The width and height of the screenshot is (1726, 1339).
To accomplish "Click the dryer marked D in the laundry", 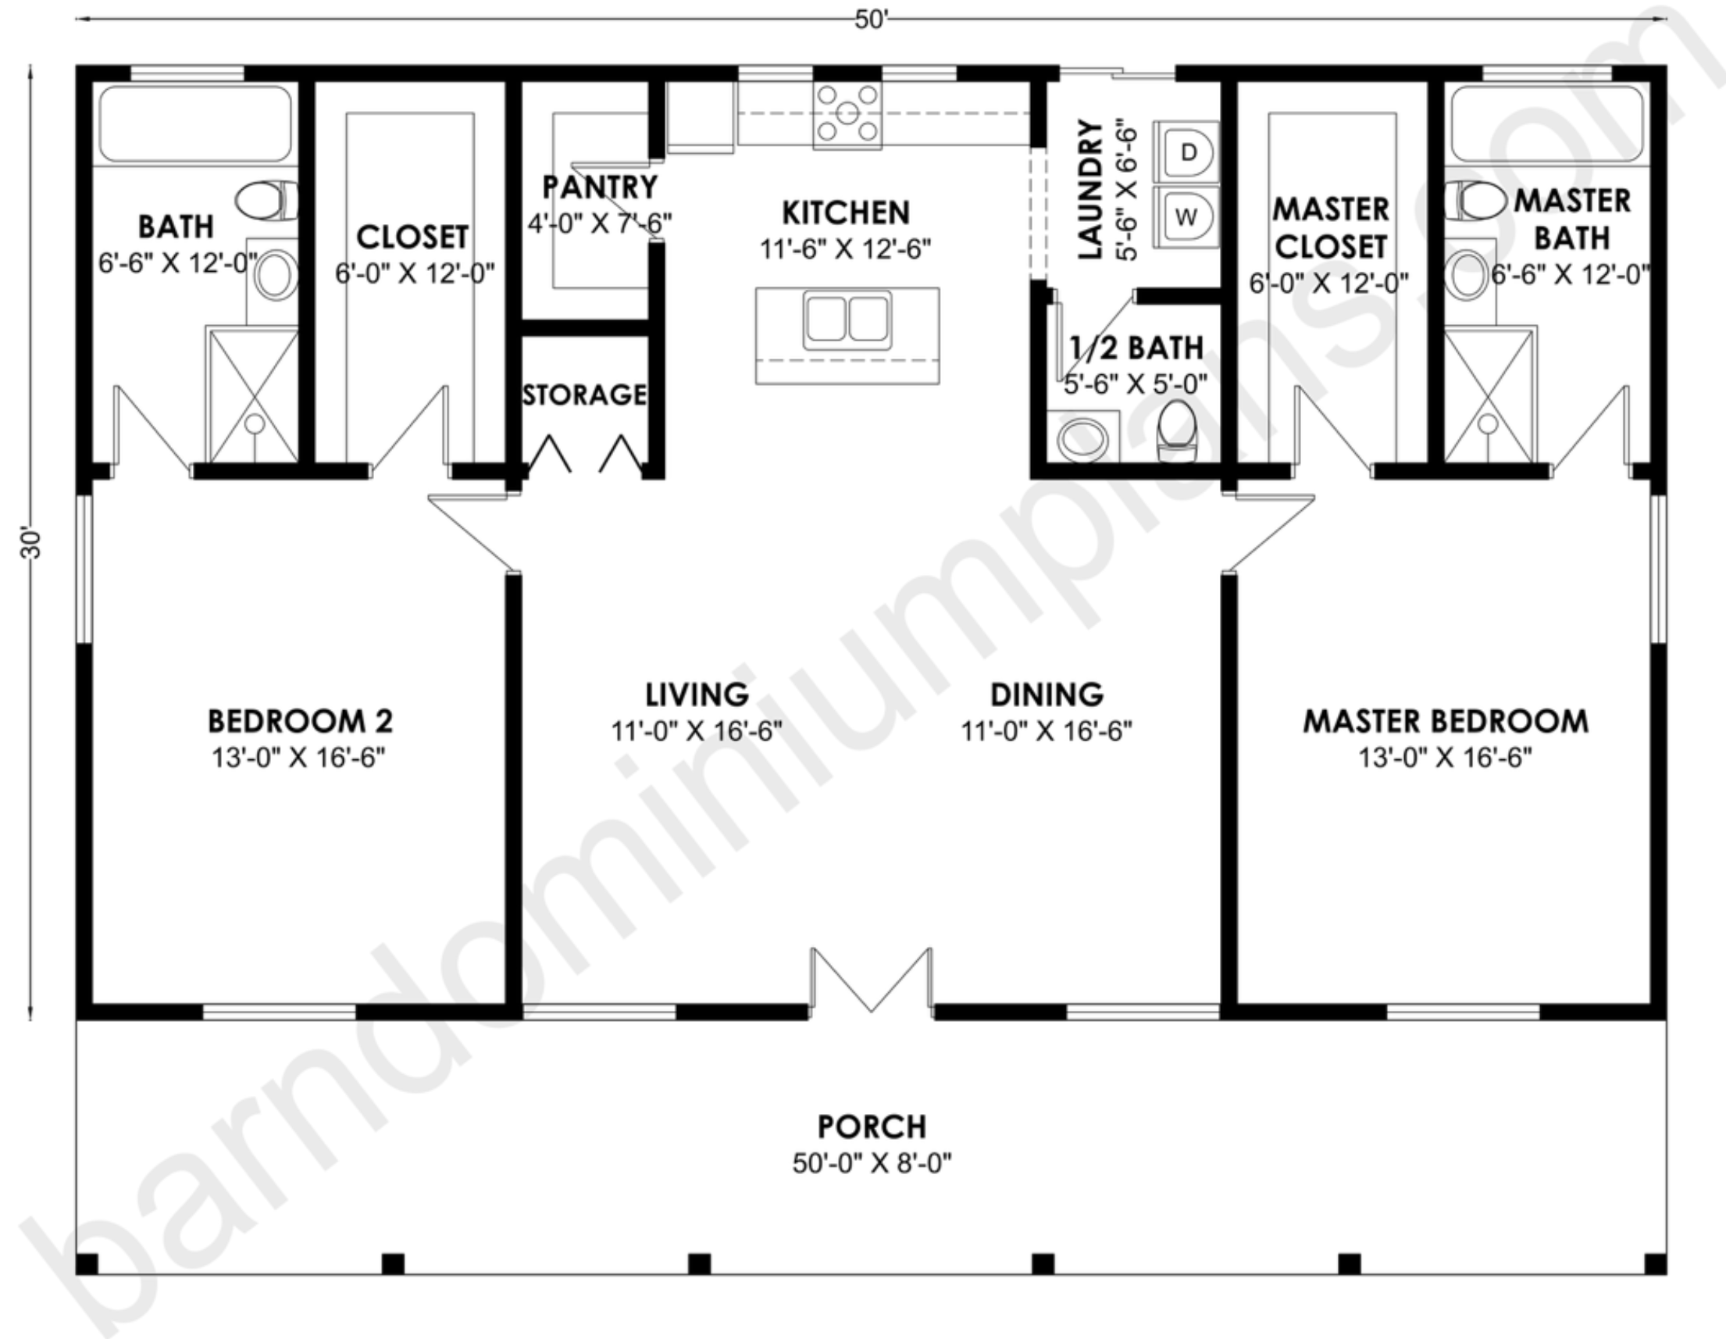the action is (x=1186, y=152).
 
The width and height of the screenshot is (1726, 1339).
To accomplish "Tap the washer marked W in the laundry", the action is (x=1186, y=216).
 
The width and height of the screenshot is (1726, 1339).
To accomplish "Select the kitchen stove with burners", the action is (x=847, y=116).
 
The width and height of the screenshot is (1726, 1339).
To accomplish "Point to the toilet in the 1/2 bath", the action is (x=1177, y=431).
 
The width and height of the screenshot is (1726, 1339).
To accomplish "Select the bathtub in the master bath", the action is (x=1547, y=123).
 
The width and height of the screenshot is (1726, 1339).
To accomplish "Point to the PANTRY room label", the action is (x=600, y=187).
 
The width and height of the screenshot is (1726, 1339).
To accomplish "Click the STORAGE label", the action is (x=585, y=395).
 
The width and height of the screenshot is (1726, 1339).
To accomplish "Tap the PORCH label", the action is (x=872, y=1126).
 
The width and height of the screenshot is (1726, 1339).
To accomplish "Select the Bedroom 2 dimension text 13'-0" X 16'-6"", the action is (x=298, y=758).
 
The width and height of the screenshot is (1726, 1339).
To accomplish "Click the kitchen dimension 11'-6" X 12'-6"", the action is (x=846, y=250).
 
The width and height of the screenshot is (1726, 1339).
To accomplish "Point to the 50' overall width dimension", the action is (x=871, y=20).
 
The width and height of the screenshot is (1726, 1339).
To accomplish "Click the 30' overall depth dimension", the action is (x=31, y=543).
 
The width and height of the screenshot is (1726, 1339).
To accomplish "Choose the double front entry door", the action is (x=871, y=981).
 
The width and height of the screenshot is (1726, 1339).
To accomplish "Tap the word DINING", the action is (x=1047, y=694).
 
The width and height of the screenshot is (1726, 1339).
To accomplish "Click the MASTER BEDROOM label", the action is (x=1446, y=722).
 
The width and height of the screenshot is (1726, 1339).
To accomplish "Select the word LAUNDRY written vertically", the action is (x=1089, y=190).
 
